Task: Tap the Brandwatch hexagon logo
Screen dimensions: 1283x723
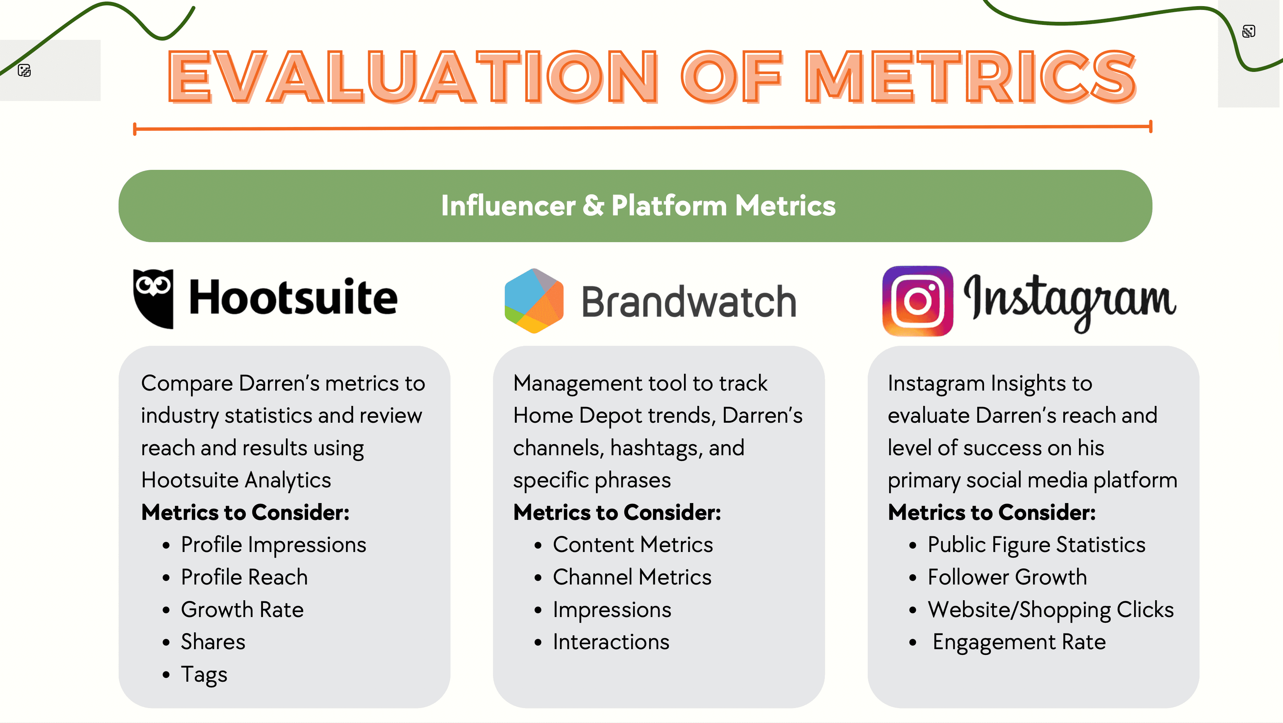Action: (x=534, y=301)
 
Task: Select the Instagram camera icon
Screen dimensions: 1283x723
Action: (x=917, y=301)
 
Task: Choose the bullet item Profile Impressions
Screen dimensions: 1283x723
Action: (x=273, y=545)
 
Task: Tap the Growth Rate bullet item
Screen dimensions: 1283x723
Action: (x=242, y=609)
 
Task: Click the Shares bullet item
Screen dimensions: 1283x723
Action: (x=213, y=642)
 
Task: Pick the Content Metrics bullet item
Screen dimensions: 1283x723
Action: (x=633, y=545)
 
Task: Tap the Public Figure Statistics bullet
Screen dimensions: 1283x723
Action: (x=1036, y=545)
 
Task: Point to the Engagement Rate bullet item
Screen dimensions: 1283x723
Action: (x=1019, y=642)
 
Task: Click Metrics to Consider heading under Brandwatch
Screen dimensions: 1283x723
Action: (x=617, y=512)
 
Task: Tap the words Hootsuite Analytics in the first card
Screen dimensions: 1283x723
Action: (x=236, y=480)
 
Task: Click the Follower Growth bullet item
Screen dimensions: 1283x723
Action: (x=1007, y=577)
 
